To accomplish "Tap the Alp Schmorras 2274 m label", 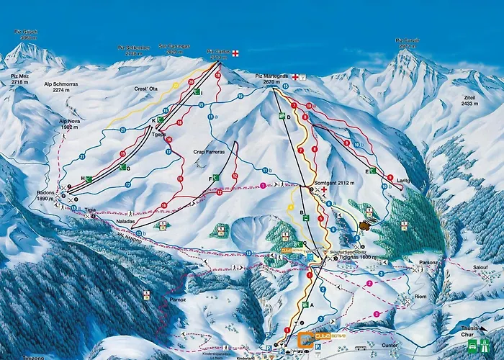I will coord(55,87).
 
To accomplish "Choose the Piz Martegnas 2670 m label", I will coord(273,78).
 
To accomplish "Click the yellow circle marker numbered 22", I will coord(174,85).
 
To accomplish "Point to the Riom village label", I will coord(420,297).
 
